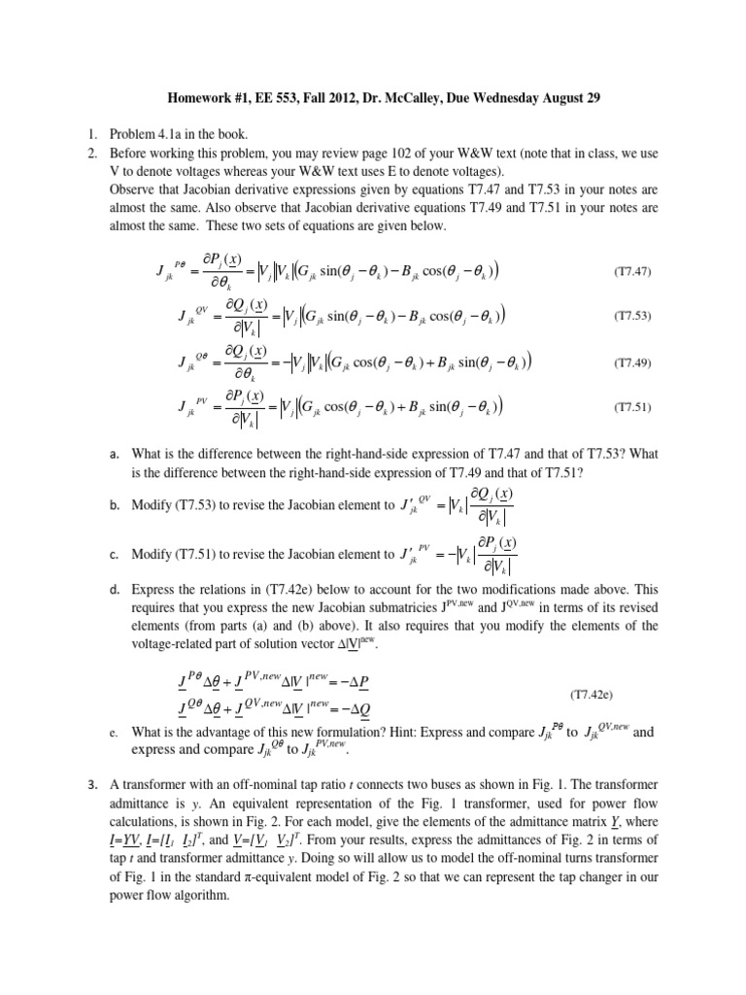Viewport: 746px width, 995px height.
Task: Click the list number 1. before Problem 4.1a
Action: coord(87,135)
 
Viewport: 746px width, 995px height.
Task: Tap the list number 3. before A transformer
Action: coord(87,784)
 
